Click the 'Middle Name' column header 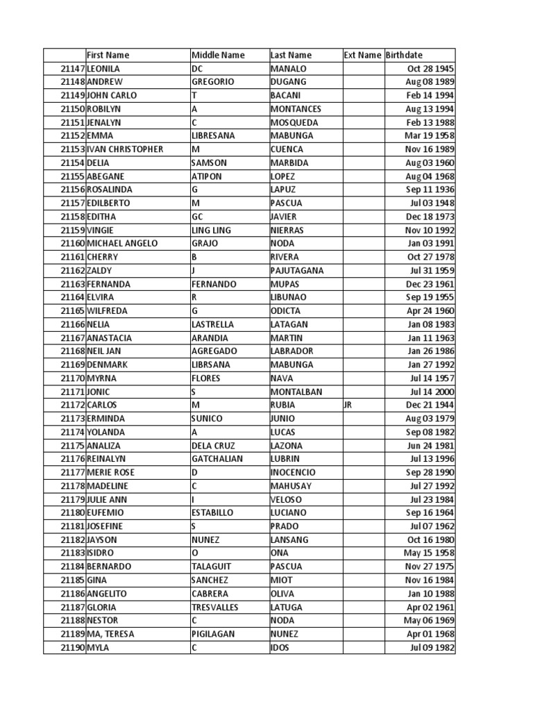pyautogui.click(x=218, y=55)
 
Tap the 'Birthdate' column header pyautogui.click(x=404, y=55)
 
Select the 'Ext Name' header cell pyautogui.click(x=362, y=55)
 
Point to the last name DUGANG pyautogui.click(x=287, y=82)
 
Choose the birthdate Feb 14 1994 pyautogui.click(x=430, y=95)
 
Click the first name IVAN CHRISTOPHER pyautogui.click(x=125, y=149)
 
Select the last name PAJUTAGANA pyautogui.click(x=297, y=270)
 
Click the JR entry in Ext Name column pyautogui.click(x=348, y=405)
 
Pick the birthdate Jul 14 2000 pyautogui.click(x=431, y=392)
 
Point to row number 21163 pyautogui.click(x=72, y=284)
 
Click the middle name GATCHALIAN pyautogui.click(x=219, y=459)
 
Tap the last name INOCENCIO pyautogui.click(x=293, y=472)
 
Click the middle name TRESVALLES pyautogui.click(x=215, y=607)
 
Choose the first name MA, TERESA pyautogui.click(x=111, y=634)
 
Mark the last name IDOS pyautogui.click(x=281, y=648)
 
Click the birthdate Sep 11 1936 pyautogui.click(x=430, y=190)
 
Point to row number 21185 pyautogui.click(x=72, y=580)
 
